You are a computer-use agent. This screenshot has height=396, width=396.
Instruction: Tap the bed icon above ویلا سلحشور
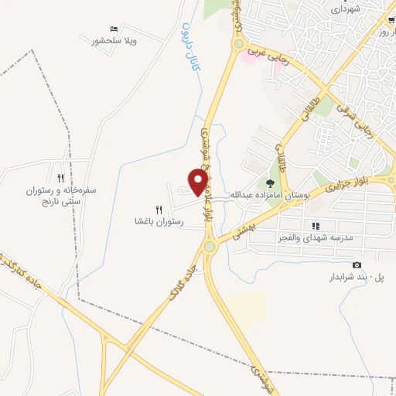coord(114,29)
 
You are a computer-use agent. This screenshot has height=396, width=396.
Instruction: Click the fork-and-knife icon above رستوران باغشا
coord(159,210)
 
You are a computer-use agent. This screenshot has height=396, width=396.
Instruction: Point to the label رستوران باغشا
coord(158,221)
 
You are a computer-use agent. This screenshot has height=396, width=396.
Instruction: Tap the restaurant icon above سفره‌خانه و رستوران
coord(60,178)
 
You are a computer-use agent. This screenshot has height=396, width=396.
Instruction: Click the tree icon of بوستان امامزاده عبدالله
coord(270,184)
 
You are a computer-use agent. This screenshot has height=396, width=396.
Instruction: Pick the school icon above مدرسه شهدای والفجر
coord(315,227)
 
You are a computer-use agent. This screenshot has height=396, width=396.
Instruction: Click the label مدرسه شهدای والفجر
coord(315,237)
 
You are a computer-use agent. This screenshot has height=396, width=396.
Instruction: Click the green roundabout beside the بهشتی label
coord(210,247)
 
